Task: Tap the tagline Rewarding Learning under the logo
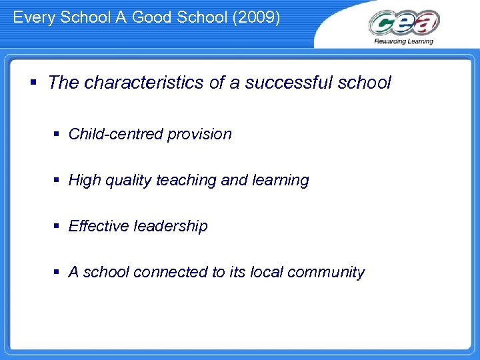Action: pyautogui.click(x=403, y=41)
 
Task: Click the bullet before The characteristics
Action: pyautogui.click(x=33, y=83)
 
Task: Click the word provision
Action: pyautogui.click(x=199, y=134)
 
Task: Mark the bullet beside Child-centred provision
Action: pyautogui.click(x=59, y=135)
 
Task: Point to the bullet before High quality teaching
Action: pyautogui.click(x=59, y=181)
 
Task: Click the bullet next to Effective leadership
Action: pyautogui.click(x=59, y=227)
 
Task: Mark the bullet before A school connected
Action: pyautogui.click(x=59, y=273)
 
